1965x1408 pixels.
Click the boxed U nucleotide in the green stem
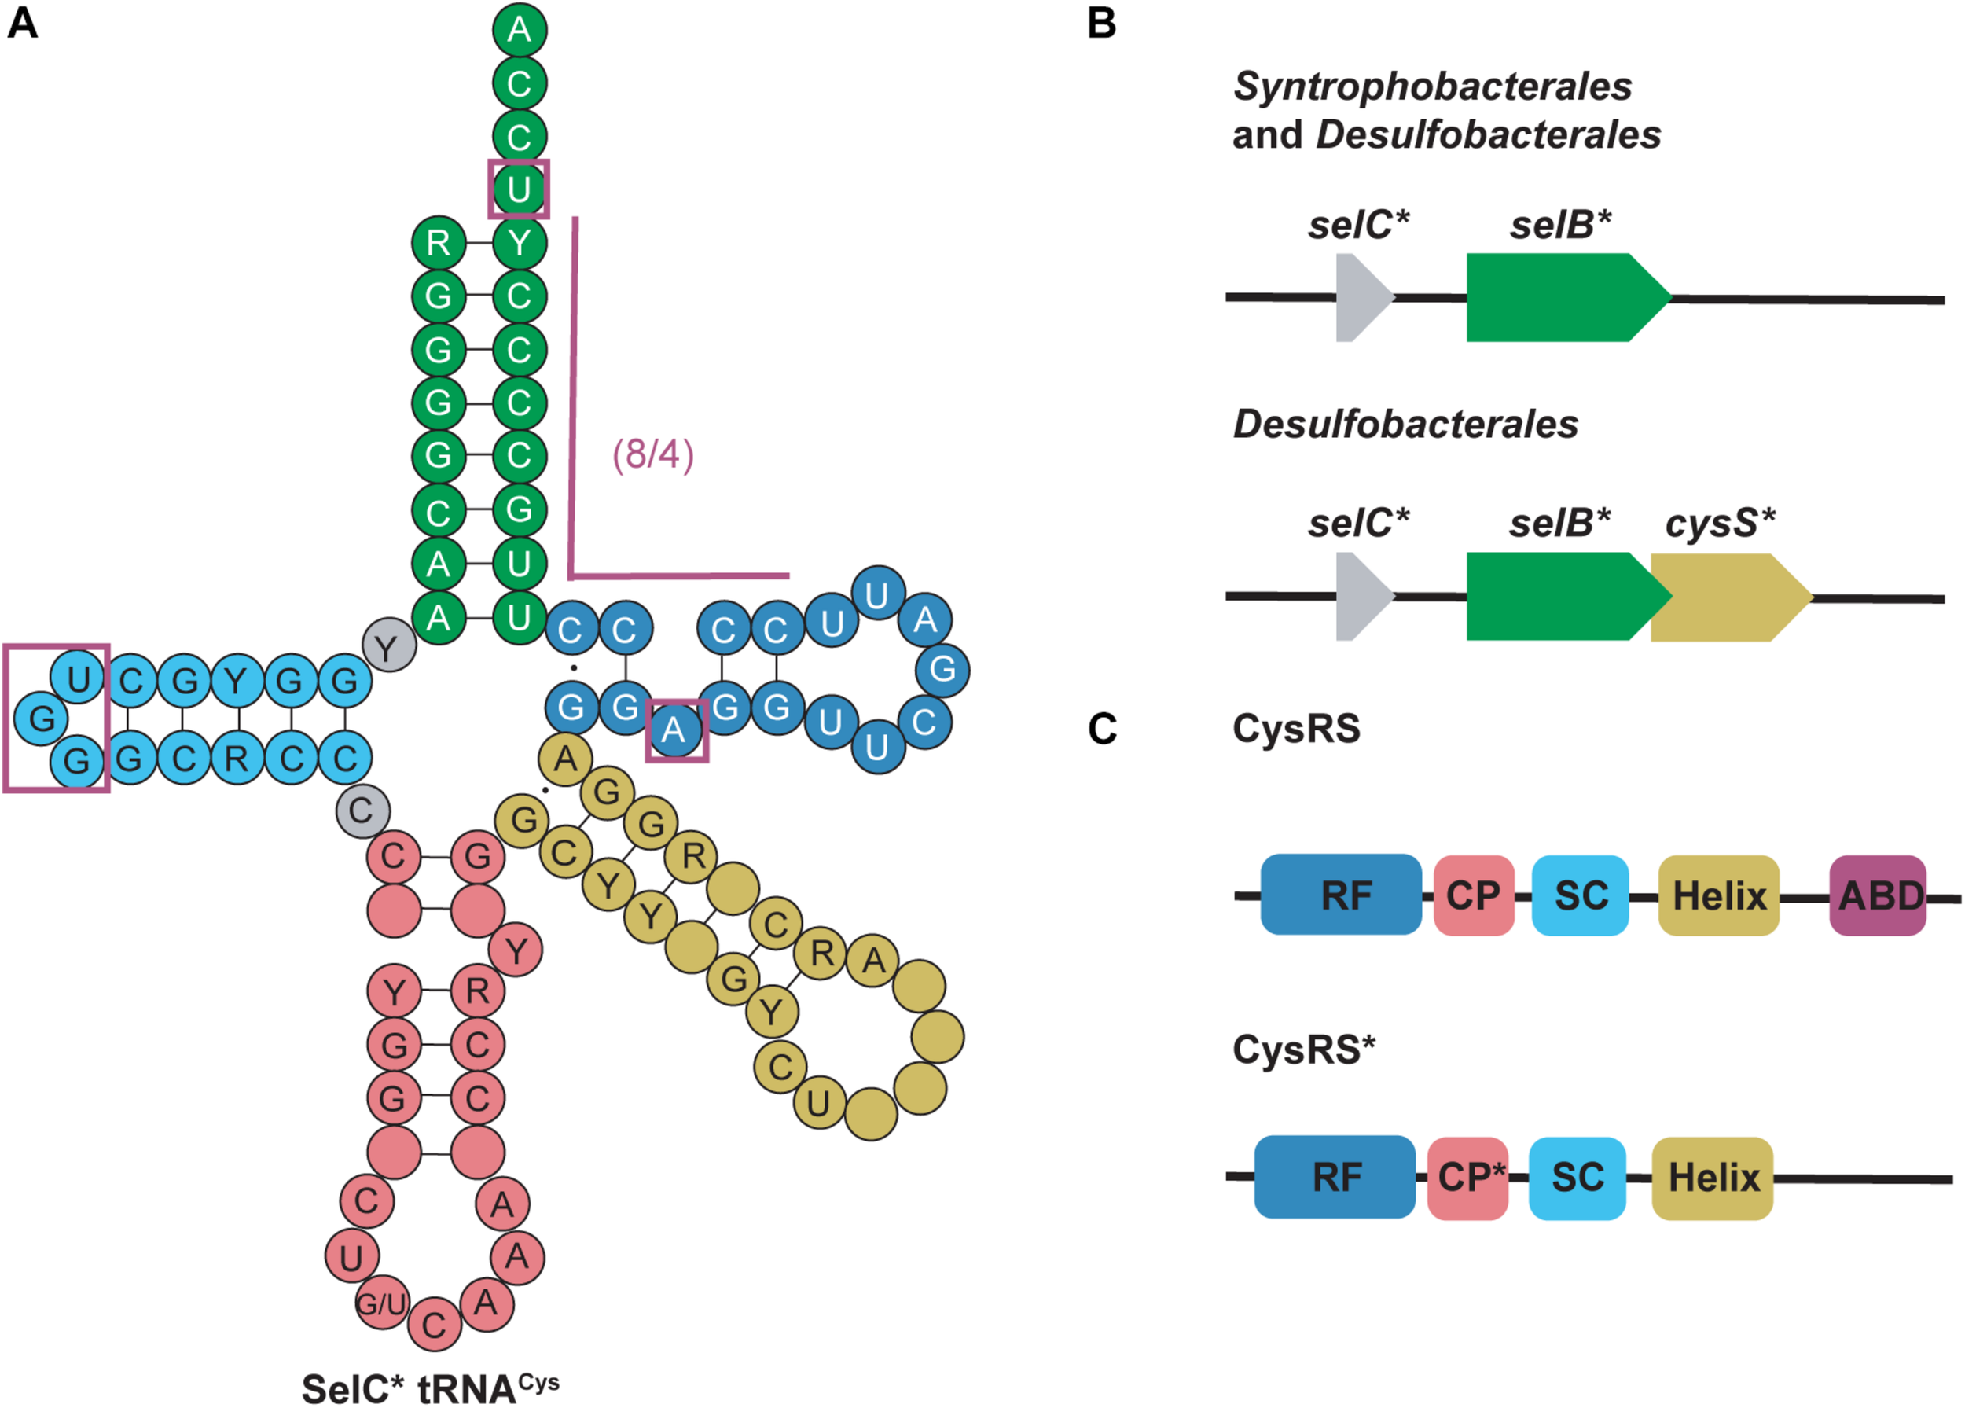tap(518, 188)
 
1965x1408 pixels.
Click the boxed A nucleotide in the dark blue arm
tap(676, 730)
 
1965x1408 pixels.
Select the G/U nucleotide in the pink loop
tap(381, 1303)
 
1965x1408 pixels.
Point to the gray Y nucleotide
tap(389, 646)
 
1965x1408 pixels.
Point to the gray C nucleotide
tap(362, 811)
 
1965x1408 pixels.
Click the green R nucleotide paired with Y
tap(439, 243)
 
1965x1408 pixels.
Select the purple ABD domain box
tap(1878, 895)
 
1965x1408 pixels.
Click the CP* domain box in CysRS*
tap(1467, 1178)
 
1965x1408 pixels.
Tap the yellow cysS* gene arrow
tap(1727, 597)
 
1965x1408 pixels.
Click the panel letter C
tap(1101, 729)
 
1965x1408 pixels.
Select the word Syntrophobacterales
tap(1431, 86)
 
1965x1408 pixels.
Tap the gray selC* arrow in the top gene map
tap(1361, 297)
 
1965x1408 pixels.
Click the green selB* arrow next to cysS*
tap(1559, 596)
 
